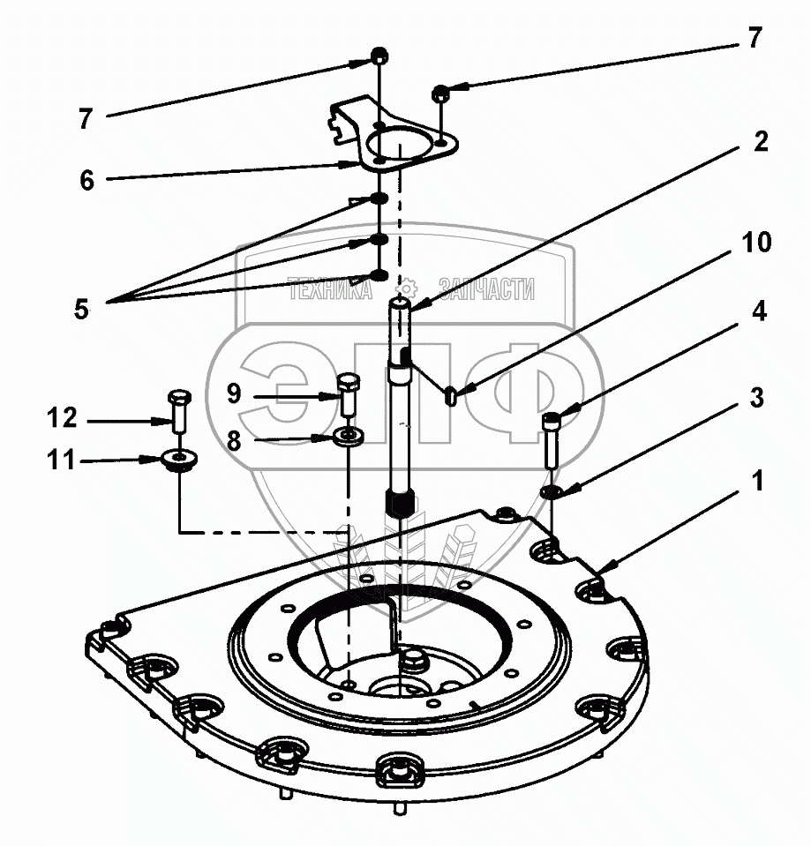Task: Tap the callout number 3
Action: pyautogui.click(x=756, y=398)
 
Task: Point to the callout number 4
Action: pyautogui.click(x=758, y=312)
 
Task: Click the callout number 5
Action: pyautogui.click(x=81, y=310)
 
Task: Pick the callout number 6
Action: pyautogui.click(x=86, y=180)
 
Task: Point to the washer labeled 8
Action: pyautogui.click(x=350, y=437)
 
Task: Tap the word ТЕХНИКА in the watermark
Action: pyautogui.click(x=329, y=289)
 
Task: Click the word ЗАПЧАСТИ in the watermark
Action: pyautogui.click(x=487, y=289)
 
